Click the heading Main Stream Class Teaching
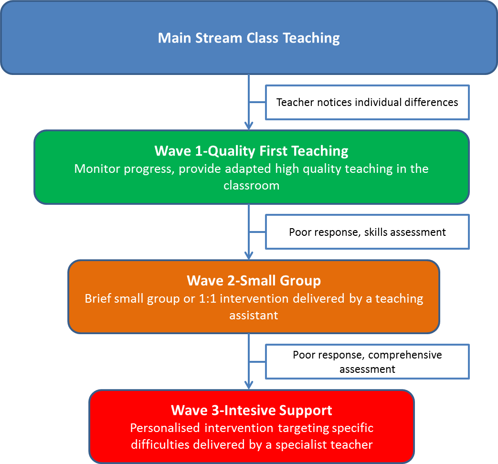tap(249, 38)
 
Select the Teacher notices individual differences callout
tap(367, 102)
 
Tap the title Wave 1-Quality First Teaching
tap(251, 151)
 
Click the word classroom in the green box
tap(251, 185)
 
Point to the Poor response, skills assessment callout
tap(367, 232)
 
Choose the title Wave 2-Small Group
tap(254, 280)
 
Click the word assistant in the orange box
tap(254, 316)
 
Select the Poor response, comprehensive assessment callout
tap(367, 362)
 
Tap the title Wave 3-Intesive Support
tap(252, 410)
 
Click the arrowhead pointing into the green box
tap(248, 126)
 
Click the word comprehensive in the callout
tap(405, 355)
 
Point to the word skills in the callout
tap(376, 232)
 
